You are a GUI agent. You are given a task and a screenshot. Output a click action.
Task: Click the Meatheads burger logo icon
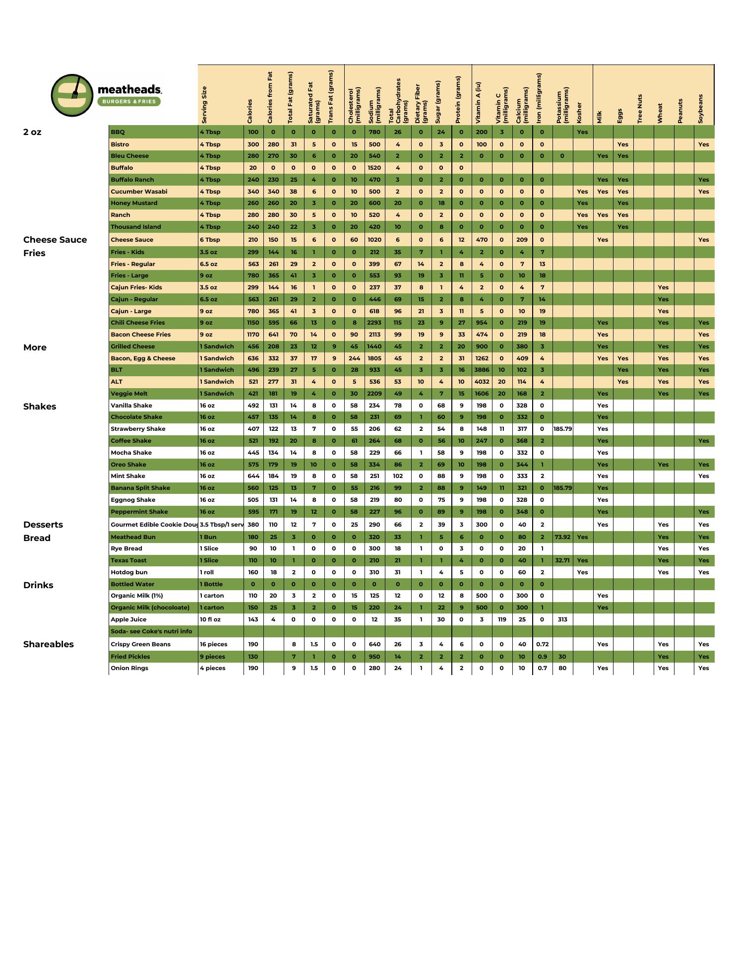(72, 95)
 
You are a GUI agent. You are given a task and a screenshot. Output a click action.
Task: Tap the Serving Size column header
(204, 105)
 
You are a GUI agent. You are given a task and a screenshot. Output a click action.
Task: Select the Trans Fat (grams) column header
(331, 97)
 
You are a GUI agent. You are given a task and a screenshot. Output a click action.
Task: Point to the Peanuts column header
(680, 111)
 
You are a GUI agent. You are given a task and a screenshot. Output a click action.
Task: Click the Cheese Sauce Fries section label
(55, 246)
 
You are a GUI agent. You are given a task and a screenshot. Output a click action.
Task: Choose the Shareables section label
(48, 644)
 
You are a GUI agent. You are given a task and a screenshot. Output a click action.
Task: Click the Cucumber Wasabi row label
(139, 192)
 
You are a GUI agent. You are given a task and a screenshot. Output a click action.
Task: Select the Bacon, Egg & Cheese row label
(143, 358)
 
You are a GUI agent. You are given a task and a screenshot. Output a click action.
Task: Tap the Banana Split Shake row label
(140, 488)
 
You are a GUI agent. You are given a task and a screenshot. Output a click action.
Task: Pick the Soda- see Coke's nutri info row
(151, 631)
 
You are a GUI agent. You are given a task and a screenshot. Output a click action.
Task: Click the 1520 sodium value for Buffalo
(374, 168)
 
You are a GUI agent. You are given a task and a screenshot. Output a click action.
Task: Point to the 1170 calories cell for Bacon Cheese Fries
(253, 335)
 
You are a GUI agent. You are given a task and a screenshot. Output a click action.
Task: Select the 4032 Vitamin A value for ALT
(482, 382)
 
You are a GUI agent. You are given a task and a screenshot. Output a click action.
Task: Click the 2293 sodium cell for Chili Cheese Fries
(374, 323)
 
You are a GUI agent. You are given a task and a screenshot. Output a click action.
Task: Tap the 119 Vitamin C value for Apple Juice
(502, 619)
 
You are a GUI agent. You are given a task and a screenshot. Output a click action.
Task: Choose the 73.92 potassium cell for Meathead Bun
(562, 537)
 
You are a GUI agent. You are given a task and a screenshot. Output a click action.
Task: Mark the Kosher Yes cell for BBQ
(582, 132)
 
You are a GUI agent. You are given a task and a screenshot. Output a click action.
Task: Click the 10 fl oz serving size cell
(210, 619)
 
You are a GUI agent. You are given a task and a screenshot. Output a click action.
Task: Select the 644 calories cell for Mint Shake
(253, 476)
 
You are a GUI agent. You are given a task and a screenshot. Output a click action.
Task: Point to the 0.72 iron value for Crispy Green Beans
(542, 644)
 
